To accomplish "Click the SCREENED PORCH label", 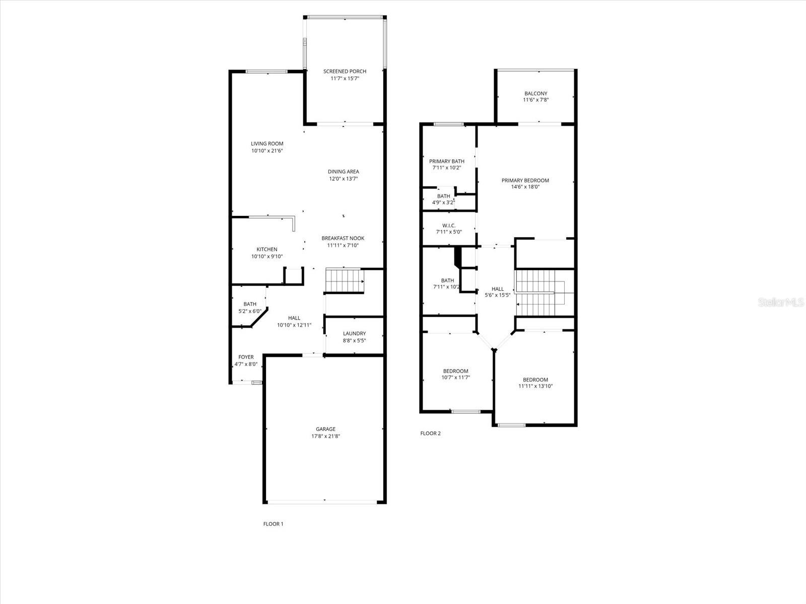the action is tap(345, 71).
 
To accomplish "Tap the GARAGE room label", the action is tap(326, 429).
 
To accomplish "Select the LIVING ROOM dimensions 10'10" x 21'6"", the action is tap(267, 150).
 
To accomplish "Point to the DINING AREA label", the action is tap(344, 172).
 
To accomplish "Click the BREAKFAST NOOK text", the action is tap(343, 239).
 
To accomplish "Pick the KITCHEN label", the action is tap(267, 249).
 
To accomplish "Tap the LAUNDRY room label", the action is tap(354, 333).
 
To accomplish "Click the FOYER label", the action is tap(246, 357).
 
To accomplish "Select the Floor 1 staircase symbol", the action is tap(345, 281).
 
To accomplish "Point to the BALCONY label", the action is tap(536, 94).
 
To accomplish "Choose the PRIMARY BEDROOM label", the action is tap(525, 180).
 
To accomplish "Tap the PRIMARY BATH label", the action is tap(447, 162).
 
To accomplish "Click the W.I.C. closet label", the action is tap(449, 225).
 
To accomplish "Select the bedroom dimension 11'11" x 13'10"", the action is tap(535, 386).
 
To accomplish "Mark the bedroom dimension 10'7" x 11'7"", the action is tap(456, 377).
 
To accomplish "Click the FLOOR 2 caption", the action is tap(430, 433).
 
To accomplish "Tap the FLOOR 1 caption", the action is tap(273, 524).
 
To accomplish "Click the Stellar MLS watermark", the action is tap(781, 302).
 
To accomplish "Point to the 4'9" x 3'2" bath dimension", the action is tap(444, 202).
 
